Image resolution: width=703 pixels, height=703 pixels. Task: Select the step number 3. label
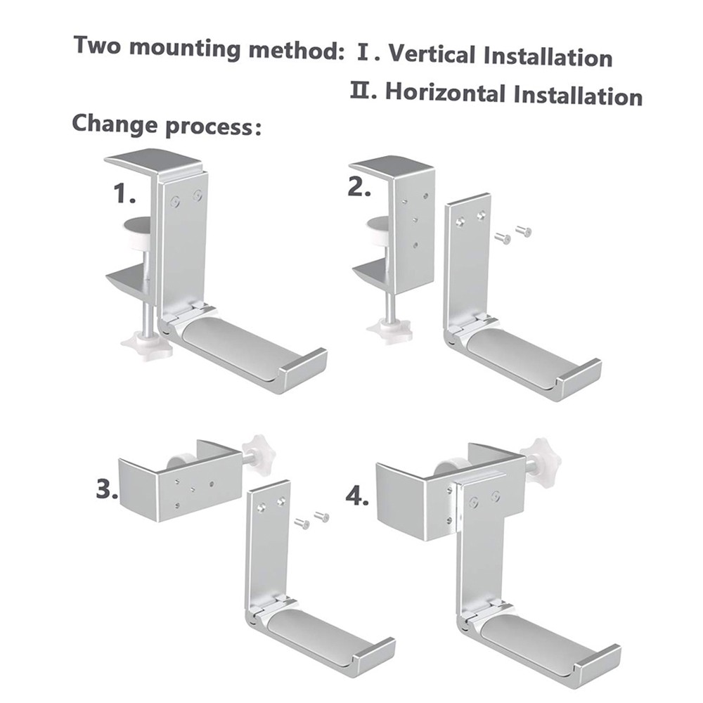tap(107, 489)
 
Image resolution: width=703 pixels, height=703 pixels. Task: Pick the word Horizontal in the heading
tap(446, 92)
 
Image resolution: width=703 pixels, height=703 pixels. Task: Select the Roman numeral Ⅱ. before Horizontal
tap(365, 91)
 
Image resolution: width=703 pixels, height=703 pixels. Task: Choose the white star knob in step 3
tap(258, 452)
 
